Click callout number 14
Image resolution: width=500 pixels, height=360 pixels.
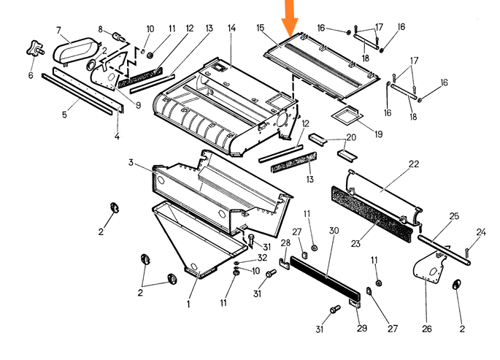click(231, 28)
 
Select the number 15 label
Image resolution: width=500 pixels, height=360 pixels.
click(261, 28)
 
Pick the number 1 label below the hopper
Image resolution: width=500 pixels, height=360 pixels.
click(188, 305)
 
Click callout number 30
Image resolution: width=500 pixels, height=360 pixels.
click(334, 231)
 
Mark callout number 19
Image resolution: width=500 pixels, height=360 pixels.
click(378, 134)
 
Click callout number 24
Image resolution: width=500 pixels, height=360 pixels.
click(480, 232)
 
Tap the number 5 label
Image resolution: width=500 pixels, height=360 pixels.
click(64, 115)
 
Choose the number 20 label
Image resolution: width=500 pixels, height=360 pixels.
click(351, 138)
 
